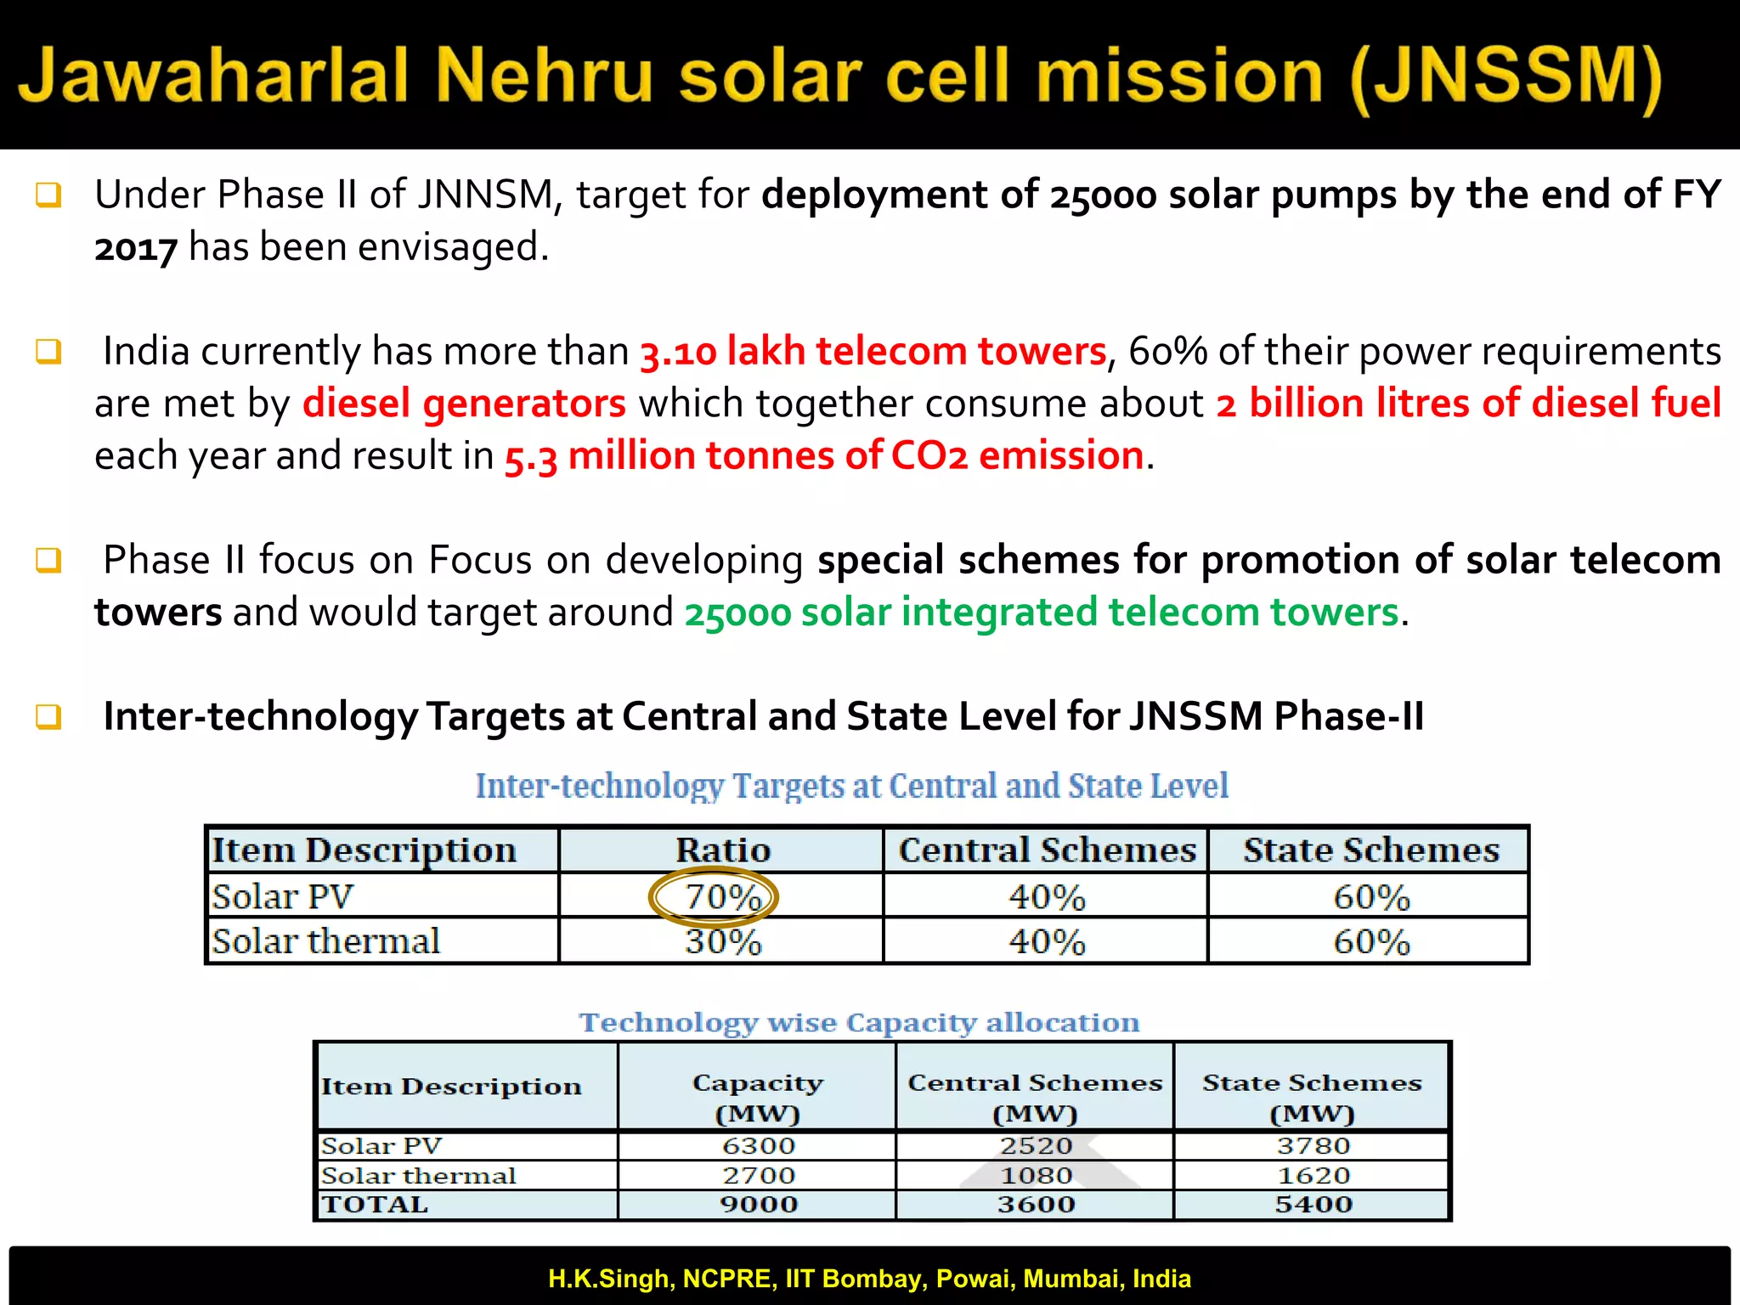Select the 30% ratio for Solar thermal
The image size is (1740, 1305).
tap(723, 941)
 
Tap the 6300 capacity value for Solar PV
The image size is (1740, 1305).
tap(758, 1146)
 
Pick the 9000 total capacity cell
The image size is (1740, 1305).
tap(758, 1205)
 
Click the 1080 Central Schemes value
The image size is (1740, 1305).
tap(1036, 1176)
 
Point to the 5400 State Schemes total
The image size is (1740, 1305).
tap(1313, 1205)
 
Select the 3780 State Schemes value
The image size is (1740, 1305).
tap(1313, 1146)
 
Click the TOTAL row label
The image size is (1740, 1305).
tap(375, 1205)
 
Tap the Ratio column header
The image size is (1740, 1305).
tap(722, 850)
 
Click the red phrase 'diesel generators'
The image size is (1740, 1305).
tap(464, 404)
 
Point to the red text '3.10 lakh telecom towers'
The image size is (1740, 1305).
tap(873, 352)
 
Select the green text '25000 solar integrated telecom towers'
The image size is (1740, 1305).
tap(1041, 613)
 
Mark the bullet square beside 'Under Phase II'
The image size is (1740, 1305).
tap(48, 195)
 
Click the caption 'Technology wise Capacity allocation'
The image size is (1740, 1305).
tap(859, 1022)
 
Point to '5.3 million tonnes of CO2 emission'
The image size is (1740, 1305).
tap(824, 456)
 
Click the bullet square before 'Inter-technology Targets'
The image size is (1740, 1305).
tap(48, 717)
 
